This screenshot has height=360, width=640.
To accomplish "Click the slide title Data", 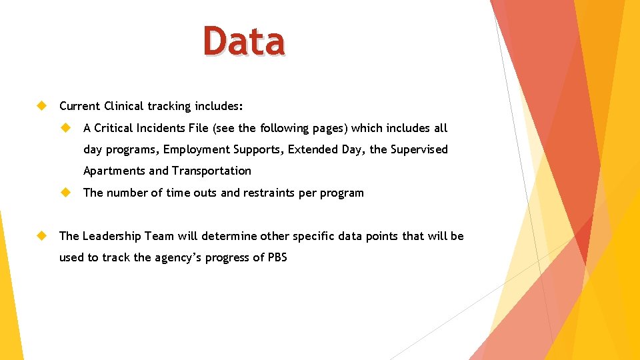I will (245, 41).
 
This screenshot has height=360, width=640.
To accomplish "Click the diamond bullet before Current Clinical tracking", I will (41, 106).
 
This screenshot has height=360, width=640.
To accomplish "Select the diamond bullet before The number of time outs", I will (65, 193).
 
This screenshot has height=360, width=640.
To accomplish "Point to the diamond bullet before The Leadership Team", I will (41, 236).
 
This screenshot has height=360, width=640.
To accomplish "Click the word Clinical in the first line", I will (124, 106).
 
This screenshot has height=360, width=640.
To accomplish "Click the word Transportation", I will (211, 171).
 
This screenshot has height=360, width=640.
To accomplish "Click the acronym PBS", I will (277, 257).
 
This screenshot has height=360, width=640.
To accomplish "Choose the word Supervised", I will (419, 149).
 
